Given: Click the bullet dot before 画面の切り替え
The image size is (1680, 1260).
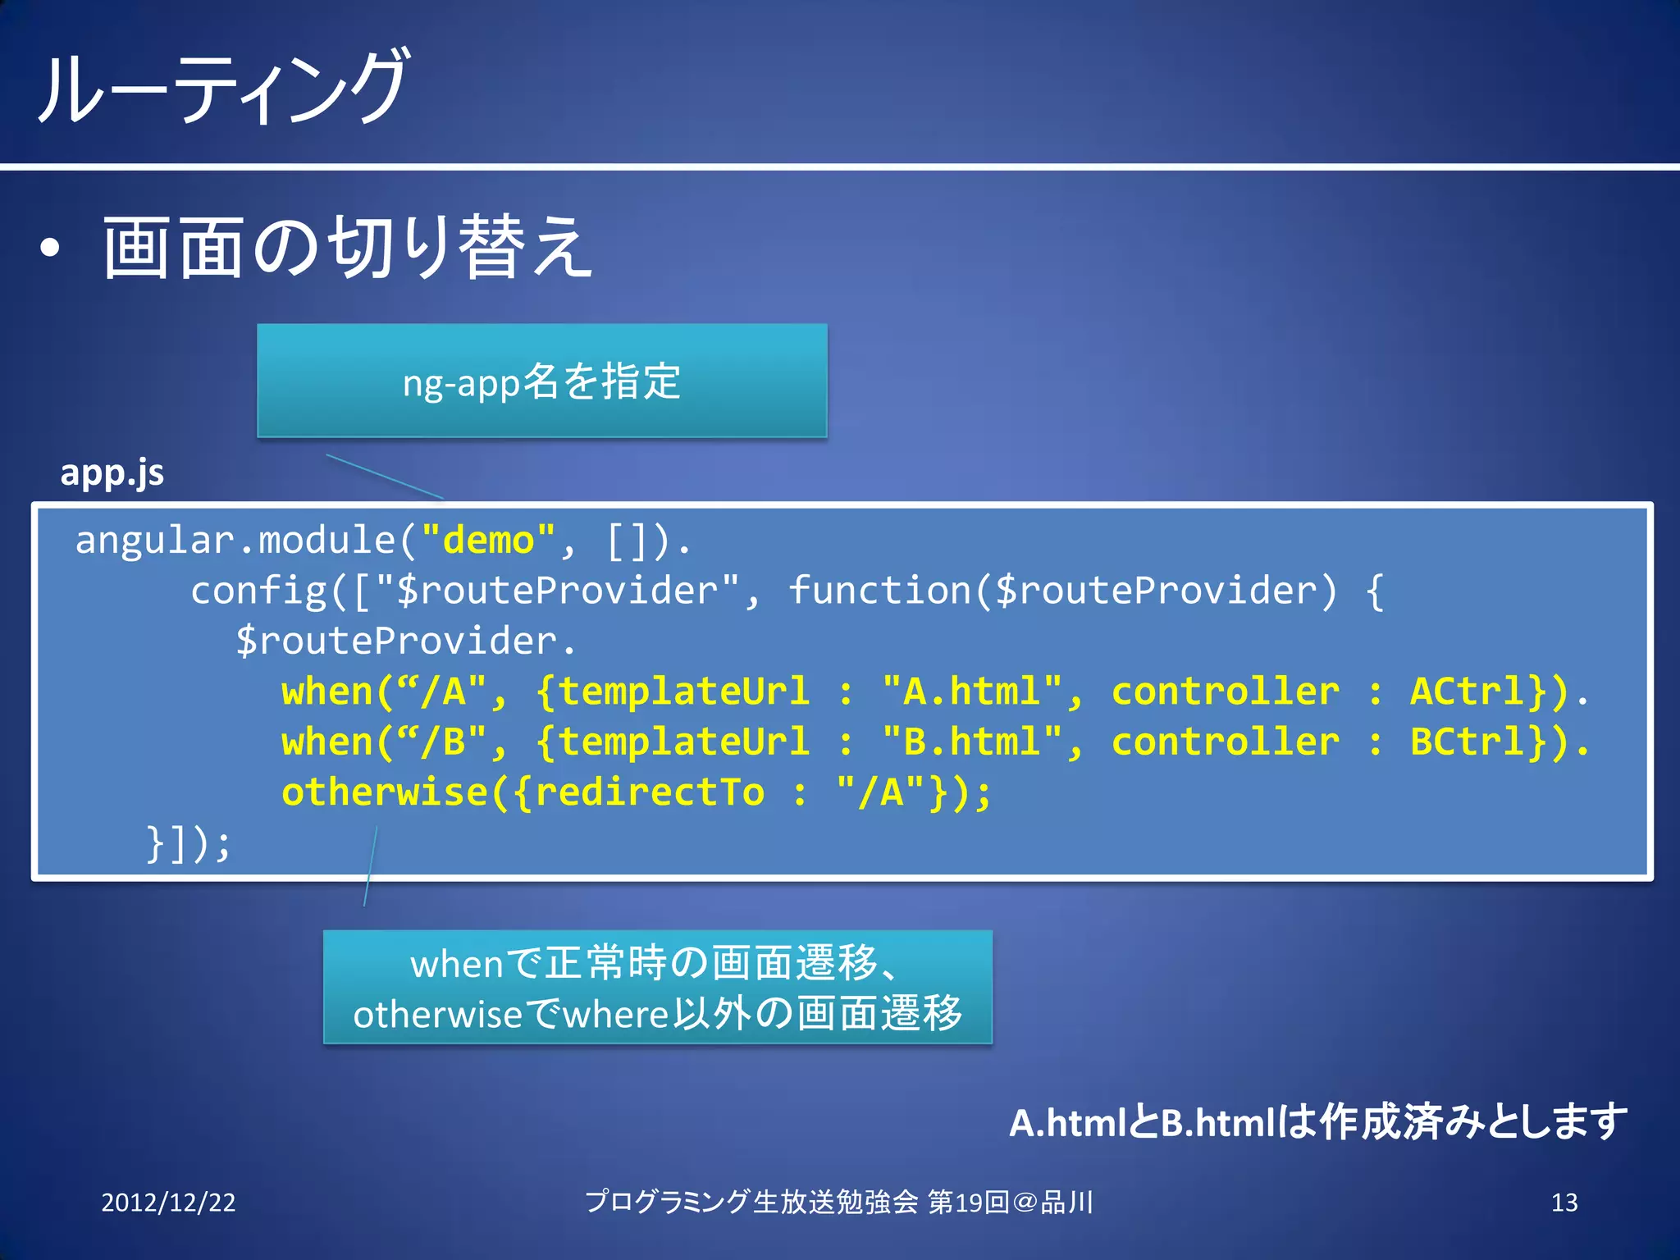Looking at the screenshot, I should click(x=50, y=248).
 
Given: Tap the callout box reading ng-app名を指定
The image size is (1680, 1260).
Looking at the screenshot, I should click(x=541, y=381).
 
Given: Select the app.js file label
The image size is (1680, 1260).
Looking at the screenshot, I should click(x=112, y=472).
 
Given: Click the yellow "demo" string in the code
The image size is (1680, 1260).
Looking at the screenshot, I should click(x=488, y=541).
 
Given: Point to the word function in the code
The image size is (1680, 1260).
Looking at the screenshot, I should click(x=879, y=591).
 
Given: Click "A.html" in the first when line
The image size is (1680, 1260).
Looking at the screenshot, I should click(x=971, y=692).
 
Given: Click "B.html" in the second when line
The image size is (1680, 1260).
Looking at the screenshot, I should click(x=971, y=742).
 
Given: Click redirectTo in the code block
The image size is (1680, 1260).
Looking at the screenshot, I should click(x=648, y=792).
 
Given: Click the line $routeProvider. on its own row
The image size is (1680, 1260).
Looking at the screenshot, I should click(x=406, y=641).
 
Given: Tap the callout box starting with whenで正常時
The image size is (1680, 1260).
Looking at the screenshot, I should click(x=657, y=987).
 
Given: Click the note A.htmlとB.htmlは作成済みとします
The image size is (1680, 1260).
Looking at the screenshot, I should click(x=1317, y=1122).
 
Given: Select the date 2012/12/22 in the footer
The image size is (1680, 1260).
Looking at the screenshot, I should click(x=168, y=1203).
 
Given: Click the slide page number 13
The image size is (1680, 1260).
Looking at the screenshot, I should click(x=1564, y=1203).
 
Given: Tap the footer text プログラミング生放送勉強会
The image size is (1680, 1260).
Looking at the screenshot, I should click(x=751, y=1203).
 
